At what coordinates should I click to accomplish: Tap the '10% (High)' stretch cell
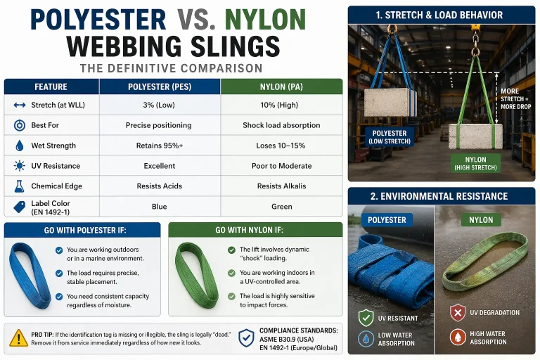click(x=281, y=105)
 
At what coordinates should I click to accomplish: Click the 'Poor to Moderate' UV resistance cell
click(x=281, y=166)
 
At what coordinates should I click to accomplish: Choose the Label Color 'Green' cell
click(x=281, y=207)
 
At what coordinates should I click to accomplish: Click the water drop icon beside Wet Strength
click(x=19, y=146)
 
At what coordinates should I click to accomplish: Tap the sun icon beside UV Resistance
click(x=19, y=166)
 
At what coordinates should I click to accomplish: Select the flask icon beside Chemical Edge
click(x=19, y=186)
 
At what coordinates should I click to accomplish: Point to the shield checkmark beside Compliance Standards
click(x=245, y=337)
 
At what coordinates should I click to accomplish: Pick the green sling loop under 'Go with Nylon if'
click(x=198, y=275)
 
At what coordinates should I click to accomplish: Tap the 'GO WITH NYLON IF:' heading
click(x=255, y=231)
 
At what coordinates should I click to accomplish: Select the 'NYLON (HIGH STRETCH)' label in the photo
click(x=475, y=163)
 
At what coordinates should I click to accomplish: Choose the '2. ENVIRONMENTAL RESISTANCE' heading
click(x=444, y=196)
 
